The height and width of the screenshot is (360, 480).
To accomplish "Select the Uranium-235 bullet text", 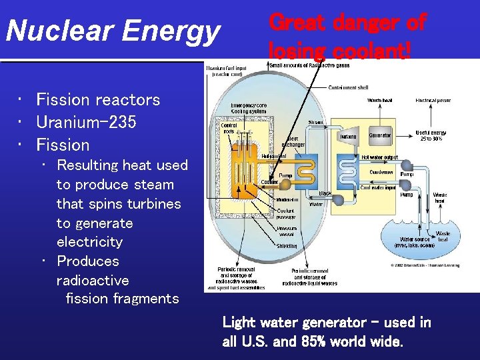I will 86,122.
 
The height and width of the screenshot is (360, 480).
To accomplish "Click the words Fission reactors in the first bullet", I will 98,100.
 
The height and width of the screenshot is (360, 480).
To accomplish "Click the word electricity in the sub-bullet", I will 89,241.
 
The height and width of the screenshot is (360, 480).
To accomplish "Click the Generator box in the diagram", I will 381,135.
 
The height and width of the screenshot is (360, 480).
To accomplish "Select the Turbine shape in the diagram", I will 348,136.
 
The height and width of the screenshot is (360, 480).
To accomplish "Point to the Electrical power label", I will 433,101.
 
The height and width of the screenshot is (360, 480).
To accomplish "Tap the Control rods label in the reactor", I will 229,128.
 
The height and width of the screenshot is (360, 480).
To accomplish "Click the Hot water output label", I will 380,157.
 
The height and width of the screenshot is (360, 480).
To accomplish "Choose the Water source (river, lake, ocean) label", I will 417,241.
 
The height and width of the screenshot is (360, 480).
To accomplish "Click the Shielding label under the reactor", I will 287,245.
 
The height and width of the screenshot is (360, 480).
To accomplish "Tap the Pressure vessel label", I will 287,231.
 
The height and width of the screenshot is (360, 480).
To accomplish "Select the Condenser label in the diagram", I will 381,171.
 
